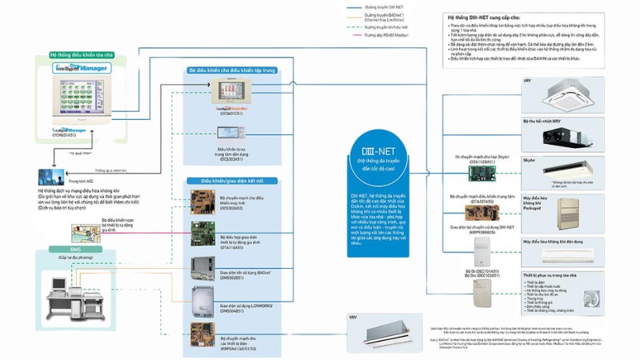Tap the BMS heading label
coord(76,249)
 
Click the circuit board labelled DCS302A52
coord(202,200)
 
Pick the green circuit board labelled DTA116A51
coord(202,231)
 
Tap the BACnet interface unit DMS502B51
coord(202,266)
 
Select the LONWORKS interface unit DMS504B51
coord(202,298)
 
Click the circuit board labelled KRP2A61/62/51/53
coord(202,332)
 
